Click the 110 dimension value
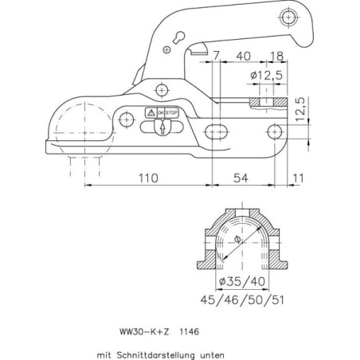pyautogui.click(x=148, y=178)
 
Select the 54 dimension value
pyautogui.click(x=241, y=178)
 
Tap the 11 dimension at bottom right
pyautogui.click(x=298, y=178)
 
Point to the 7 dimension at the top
pyautogui.click(x=217, y=56)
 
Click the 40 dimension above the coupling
pyautogui.click(x=243, y=56)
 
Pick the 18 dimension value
pyautogui.click(x=277, y=56)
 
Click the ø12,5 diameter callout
pyautogui.click(x=266, y=76)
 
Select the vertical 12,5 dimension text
pyautogui.click(x=300, y=109)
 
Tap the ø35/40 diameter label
pyautogui.click(x=241, y=281)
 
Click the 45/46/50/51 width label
pyautogui.click(x=242, y=300)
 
